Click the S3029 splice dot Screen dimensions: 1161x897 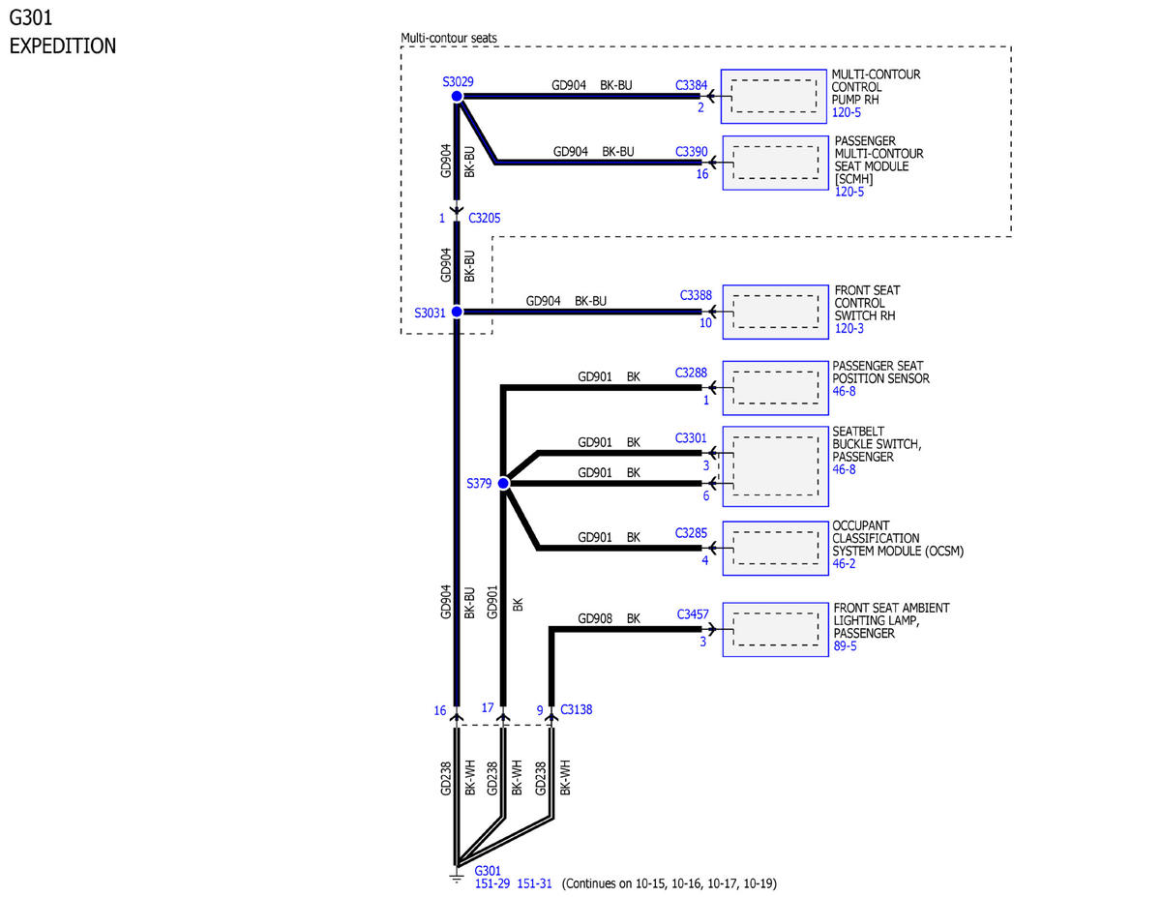pos(457,96)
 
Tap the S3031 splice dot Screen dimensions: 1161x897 pos(457,312)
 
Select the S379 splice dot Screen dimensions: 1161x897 pos(503,484)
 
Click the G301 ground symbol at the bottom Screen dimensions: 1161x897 pos(457,879)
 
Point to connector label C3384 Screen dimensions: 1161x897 pos(691,85)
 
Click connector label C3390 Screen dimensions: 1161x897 pos(692,152)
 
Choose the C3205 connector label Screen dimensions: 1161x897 pos(484,218)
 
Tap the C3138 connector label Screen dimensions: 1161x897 pos(576,709)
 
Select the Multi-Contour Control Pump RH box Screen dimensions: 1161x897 pos(773,97)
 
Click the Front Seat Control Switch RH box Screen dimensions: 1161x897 pos(775,312)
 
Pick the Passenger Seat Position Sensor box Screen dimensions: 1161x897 pos(775,388)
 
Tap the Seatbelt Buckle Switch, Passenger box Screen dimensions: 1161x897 pos(775,466)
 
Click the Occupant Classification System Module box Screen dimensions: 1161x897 pos(775,548)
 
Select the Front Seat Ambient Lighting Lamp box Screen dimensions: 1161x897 pos(775,630)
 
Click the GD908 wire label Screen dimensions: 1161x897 pos(595,618)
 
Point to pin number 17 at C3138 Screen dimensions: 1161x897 pos(488,708)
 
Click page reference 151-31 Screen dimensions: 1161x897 pos(534,883)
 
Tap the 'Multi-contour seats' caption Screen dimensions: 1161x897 pos(449,38)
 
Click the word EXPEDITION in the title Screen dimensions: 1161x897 pos(63,45)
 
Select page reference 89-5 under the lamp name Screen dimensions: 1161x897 pos(845,646)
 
